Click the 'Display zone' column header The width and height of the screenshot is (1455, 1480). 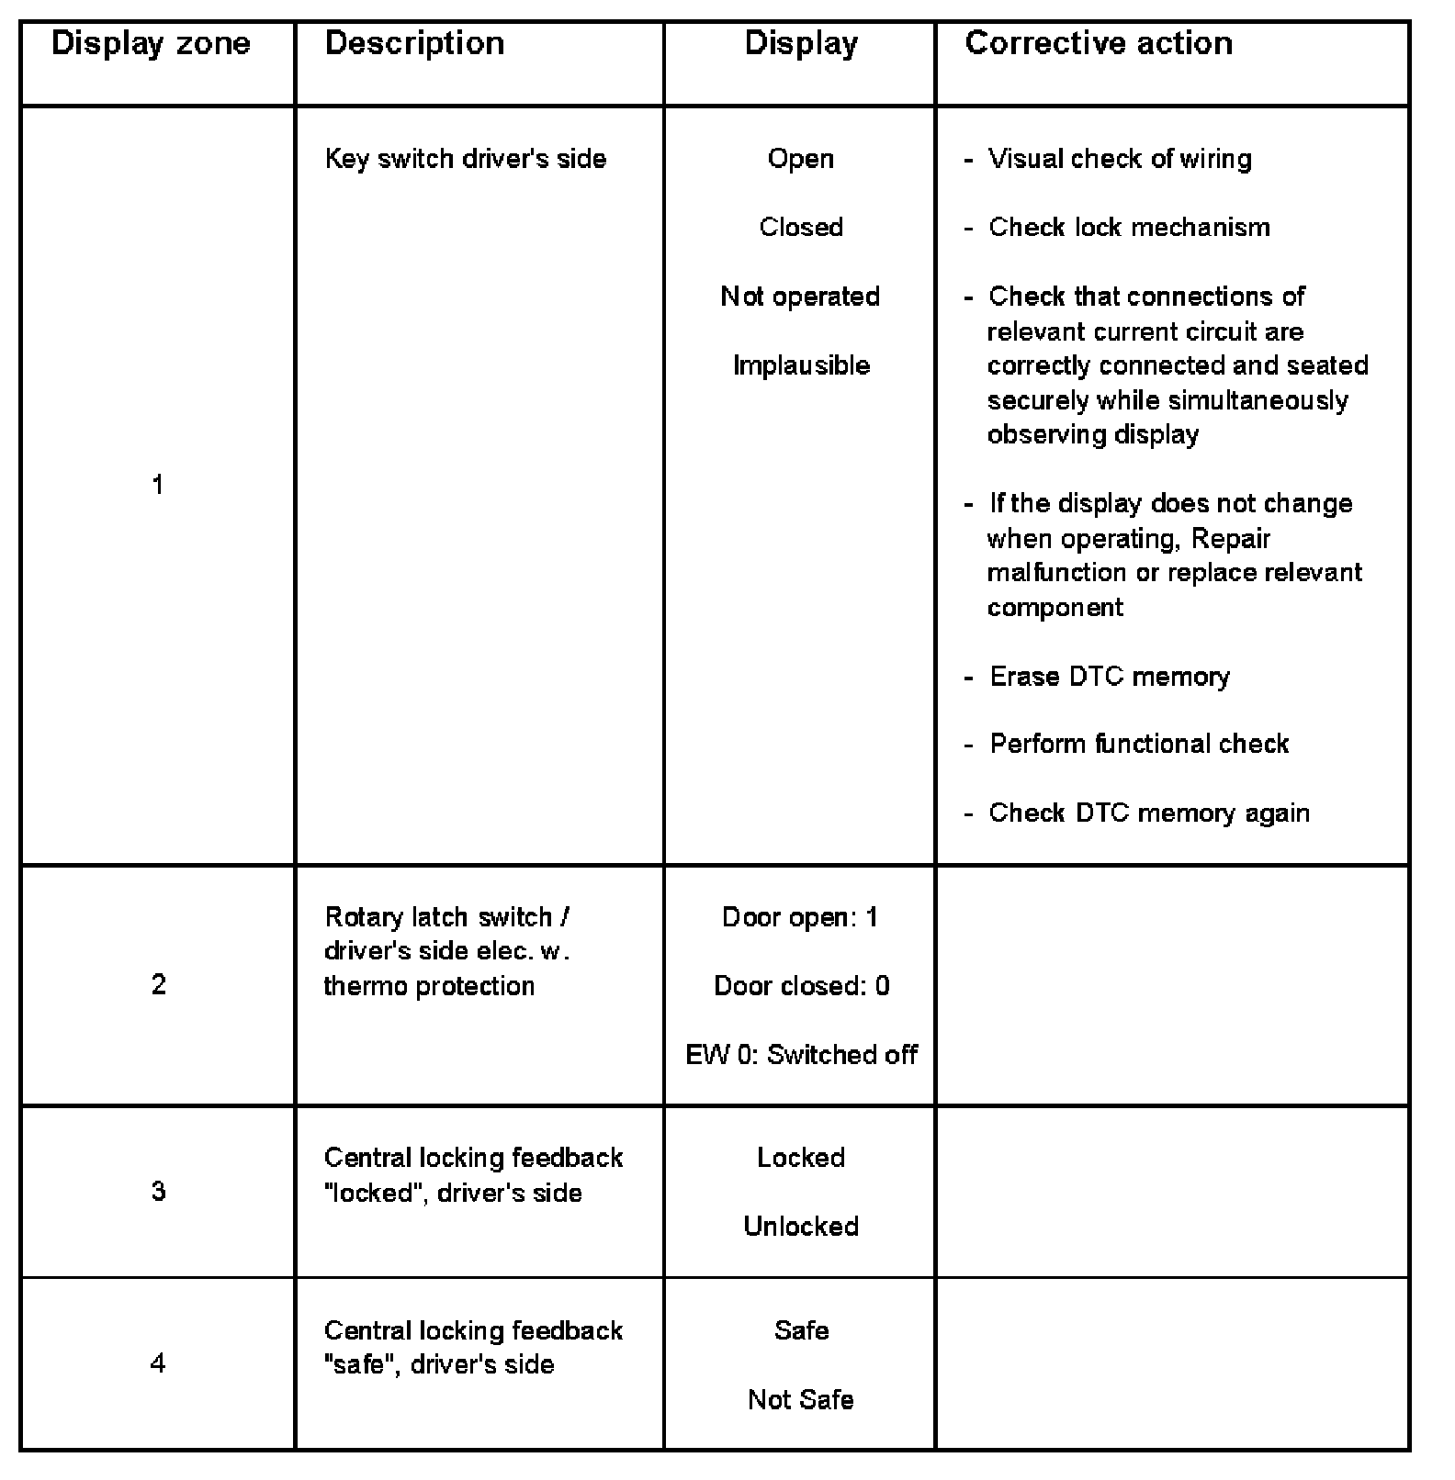point(151,44)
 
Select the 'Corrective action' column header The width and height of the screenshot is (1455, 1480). point(1098,44)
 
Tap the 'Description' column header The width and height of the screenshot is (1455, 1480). point(414,44)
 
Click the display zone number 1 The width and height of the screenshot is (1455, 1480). point(158,485)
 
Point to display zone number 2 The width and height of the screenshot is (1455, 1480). point(158,985)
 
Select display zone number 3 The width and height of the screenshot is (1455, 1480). point(158,1192)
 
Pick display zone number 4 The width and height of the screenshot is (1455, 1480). point(158,1363)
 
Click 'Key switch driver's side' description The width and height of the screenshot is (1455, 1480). point(465,159)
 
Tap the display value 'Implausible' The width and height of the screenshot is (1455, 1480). point(801,365)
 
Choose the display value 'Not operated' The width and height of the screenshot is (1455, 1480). point(800,297)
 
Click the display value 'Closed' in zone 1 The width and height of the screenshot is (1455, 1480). point(801,228)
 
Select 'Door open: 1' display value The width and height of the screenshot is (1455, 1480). point(800,917)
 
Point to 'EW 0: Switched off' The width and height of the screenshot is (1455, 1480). point(801,1055)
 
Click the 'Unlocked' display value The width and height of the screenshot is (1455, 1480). point(801,1227)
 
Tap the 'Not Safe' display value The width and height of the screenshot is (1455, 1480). point(801,1399)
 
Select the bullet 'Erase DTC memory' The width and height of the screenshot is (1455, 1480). point(1109,677)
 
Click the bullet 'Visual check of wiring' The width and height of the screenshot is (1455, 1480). point(1119,159)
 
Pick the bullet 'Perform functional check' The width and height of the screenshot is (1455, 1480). point(1138,744)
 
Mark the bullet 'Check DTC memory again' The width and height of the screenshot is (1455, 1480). point(1148,813)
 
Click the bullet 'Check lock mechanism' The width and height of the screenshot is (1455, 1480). point(1129,228)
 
